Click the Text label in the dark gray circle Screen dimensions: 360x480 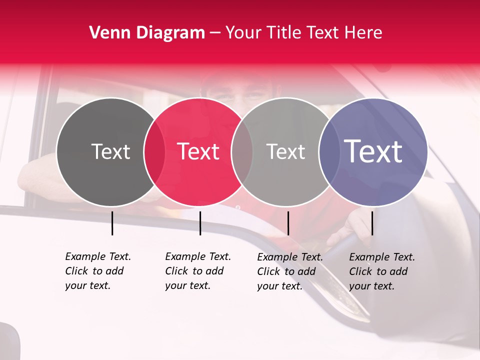110,151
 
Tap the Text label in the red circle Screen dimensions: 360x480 198,151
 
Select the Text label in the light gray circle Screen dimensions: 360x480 285,151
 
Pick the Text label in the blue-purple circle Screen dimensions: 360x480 373,151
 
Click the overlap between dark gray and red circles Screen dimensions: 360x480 154,152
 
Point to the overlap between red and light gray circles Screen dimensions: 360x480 242,152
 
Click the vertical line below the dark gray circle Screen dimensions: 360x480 112,223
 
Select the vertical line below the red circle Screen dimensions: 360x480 200,223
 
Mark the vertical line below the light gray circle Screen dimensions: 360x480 288,223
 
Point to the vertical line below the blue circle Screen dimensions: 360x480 372,223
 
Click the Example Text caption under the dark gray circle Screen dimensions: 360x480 98,271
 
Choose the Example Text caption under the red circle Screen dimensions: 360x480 198,271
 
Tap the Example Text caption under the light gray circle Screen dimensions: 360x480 290,271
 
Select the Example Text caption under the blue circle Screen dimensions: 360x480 382,271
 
